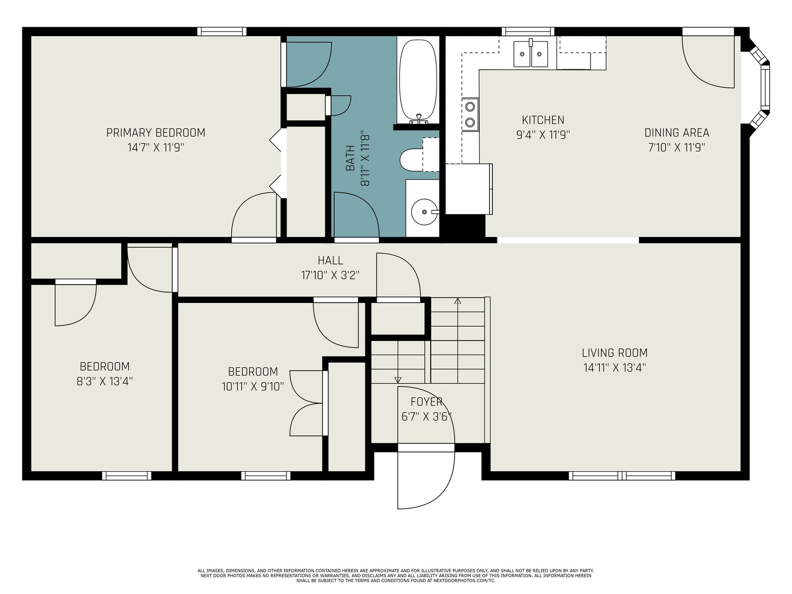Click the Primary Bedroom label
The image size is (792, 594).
[155, 133]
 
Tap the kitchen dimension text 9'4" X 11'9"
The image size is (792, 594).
[543, 135]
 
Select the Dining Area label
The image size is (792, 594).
[677, 133]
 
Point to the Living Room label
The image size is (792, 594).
[614, 352]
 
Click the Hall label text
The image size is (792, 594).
[330, 260]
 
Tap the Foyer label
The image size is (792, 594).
[427, 401]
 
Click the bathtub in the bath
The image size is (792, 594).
[418, 80]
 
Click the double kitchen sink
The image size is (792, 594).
[531, 54]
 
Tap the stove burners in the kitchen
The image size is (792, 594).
[470, 114]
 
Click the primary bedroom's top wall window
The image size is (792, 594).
[222, 31]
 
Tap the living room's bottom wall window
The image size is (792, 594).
[622, 475]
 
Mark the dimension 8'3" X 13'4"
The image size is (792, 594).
[104, 381]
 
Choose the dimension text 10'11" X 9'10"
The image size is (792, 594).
[252, 386]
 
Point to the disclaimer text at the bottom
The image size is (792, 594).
[396, 576]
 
